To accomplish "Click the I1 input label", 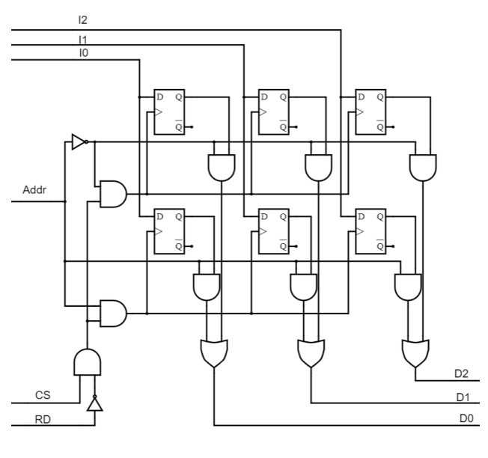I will coord(82,37).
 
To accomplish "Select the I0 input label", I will coord(82,53).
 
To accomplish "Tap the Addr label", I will coord(34,189).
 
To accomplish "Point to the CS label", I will coord(43,394).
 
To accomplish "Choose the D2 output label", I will coord(461,373).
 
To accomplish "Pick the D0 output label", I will coord(466,418).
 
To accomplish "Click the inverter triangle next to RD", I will coord(95,405).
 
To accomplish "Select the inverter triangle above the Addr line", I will coord(79,141).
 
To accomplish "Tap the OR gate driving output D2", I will coord(415,352).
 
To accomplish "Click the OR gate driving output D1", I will coord(310,352).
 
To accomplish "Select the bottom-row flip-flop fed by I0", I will coord(169,231).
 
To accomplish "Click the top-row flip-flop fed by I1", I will coord(273,112).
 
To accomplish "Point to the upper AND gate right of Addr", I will coord(112,193).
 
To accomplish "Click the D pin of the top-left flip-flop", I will coord(159,97).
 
